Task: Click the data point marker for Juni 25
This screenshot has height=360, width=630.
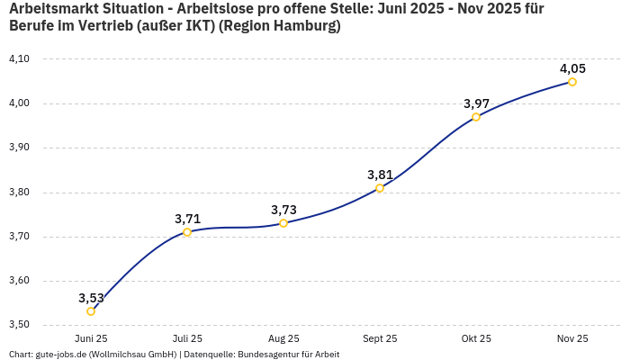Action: pos(91,311)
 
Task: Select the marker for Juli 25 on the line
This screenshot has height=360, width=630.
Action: pos(187,232)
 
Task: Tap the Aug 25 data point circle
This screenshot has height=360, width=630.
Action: pos(283,223)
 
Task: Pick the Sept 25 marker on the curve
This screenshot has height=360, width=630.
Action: pos(380,188)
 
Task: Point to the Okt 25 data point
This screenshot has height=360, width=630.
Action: pos(476,117)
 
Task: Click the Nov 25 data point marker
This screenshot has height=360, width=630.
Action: pos(572,82)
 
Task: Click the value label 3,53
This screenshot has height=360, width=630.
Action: pos(91,298)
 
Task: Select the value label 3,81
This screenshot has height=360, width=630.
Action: pos(380,175)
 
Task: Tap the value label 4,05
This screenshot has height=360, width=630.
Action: pos(572,68)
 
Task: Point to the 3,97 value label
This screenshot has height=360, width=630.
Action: pos(476,103)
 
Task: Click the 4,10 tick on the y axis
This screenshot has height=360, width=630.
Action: pos(19,59)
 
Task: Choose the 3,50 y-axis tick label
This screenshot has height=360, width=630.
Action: pos(19,325)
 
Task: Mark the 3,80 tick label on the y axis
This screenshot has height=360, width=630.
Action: pos(19,193)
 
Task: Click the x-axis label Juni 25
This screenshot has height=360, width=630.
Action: pos(91,338)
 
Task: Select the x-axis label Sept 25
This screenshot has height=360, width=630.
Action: pos(380,338)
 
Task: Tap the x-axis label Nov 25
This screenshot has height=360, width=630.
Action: pos(572,338)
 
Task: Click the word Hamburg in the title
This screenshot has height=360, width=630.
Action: pos(303,26)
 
